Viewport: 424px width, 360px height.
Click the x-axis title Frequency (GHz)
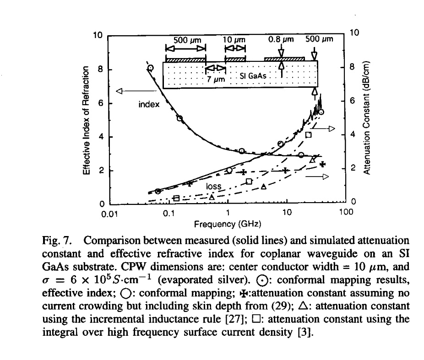(228, 225)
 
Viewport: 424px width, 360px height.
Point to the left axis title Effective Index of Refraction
(86, 120)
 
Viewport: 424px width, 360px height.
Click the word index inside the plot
(149, 105)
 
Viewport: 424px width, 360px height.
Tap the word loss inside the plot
(214, 187)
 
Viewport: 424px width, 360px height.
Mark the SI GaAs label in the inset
(253, 75)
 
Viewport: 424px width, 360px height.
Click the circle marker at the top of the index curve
(150, 68)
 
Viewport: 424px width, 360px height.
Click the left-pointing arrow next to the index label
(130, 91)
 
